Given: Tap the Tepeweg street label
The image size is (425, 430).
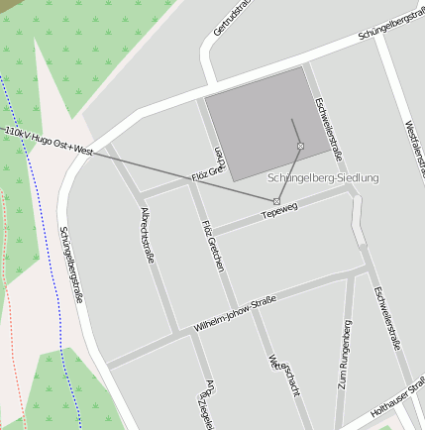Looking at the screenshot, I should pyautogui.click(x=279, y=211).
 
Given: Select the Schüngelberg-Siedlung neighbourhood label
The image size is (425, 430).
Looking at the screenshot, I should pyautogui.click(x=323, y=178).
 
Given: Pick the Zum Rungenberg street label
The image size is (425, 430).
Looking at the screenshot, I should pyautogui.click(x=344, y=353).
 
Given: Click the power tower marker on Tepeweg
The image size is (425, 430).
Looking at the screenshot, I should pyautogui.click(x=276, y=201).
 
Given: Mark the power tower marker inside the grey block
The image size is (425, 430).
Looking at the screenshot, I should pyautogui.click(x=300, y=147).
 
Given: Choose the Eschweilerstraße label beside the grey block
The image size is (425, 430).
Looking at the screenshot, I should pyautogui.click(x=328, y=128).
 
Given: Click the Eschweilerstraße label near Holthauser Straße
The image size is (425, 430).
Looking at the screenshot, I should pyautogui.click(x=386, y=317).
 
